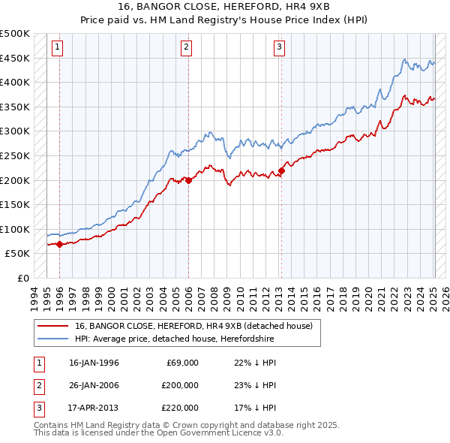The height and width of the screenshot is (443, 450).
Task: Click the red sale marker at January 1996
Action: (59, 244)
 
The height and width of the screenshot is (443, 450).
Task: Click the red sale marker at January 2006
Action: (188, 180)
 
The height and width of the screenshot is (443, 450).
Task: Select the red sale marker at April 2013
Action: (281, 170)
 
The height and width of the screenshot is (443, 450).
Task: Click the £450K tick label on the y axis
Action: (15, 58)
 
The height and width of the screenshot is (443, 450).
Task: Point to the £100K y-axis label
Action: (15, 229)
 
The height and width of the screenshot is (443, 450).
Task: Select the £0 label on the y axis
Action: (22, 278)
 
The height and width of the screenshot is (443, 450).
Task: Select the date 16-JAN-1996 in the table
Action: (94, 363)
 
